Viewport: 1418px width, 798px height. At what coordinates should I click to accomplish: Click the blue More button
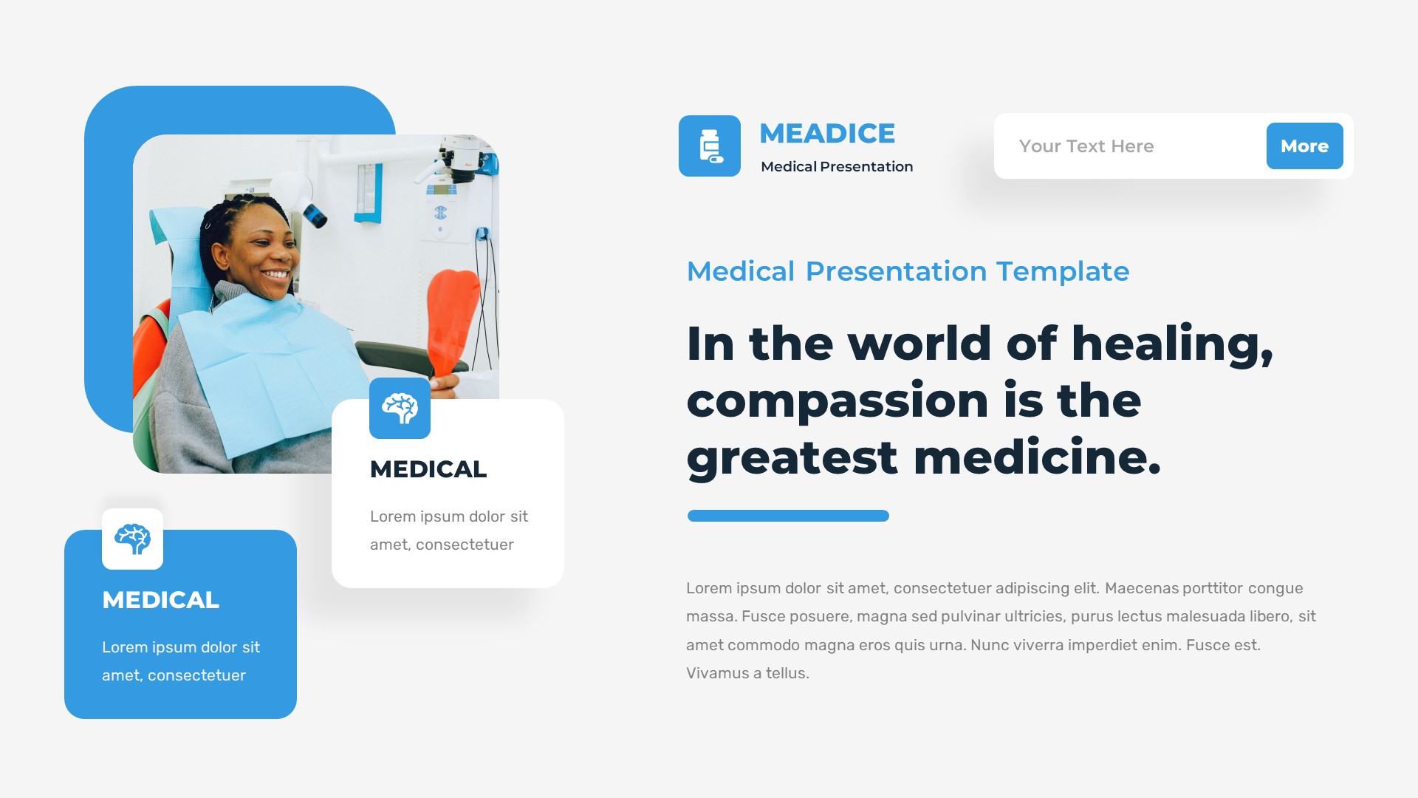point(1304,146)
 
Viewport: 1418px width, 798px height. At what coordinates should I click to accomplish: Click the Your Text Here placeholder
point(1086,146)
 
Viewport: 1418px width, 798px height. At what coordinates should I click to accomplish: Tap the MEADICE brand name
point(827,134)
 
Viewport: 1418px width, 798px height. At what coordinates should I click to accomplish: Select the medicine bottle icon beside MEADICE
point(710,146)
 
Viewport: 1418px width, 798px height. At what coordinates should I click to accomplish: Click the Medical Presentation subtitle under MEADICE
point(837,167)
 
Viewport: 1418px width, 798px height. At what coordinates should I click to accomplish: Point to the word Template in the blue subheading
point(1063,272)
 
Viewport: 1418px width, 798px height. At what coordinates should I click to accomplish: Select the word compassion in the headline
point(838,402)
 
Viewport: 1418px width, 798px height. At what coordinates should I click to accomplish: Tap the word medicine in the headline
point(1037,458)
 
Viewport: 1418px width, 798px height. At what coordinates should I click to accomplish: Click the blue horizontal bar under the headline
point(788,516)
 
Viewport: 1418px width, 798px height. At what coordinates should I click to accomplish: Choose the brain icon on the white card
point(400,408)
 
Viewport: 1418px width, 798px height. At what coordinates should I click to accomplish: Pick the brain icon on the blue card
point(132,539)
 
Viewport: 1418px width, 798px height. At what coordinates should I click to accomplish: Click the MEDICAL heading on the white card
point(428,469)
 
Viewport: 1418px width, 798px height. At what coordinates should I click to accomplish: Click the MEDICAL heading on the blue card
point(160,600)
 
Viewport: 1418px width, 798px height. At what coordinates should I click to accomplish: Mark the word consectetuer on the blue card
point(196,675)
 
